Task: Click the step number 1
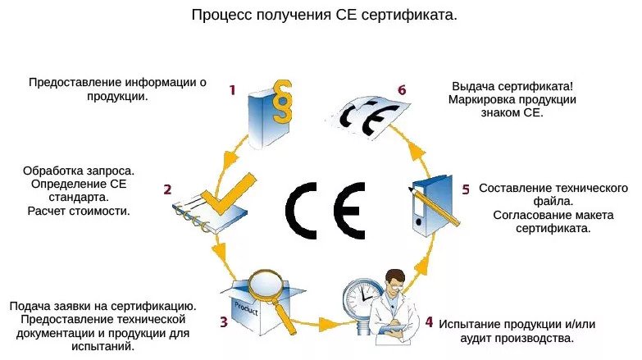click(x=232, y=90)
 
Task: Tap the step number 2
click(x=167, y=189)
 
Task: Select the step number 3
click(x=223, y=321)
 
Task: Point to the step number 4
click(x=428, y=321)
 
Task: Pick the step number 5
click(x=465, y=189)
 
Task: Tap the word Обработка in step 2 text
click(x=56, y=171)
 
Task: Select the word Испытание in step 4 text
click(x=471, y=324)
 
